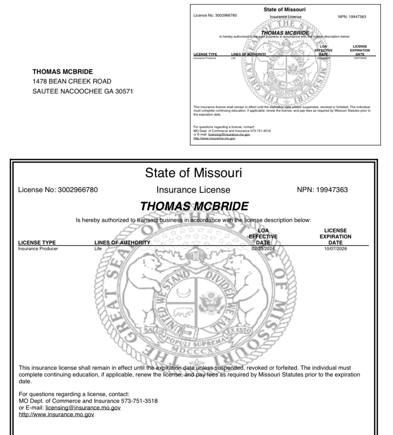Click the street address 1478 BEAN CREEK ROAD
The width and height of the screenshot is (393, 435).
coord(72,81)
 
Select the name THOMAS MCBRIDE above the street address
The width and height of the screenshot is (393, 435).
coord(63,72)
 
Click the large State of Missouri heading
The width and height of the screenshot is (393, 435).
coord(193,173)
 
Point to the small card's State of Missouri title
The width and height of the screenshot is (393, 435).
coord(284,10)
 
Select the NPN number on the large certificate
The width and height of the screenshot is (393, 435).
coord(332,190)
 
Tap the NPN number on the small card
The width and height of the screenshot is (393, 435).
coord(357,17)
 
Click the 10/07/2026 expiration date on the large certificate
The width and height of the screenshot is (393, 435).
coord(335,248)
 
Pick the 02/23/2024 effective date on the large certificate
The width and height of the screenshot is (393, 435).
coord(263,248)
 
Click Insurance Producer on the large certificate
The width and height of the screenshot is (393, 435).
coord(38,248)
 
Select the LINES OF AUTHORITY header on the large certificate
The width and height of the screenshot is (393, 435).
coord(122,242)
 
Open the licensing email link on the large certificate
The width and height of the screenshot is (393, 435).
coord(83,408)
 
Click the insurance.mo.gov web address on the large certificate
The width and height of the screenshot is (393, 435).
coord(56,414)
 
